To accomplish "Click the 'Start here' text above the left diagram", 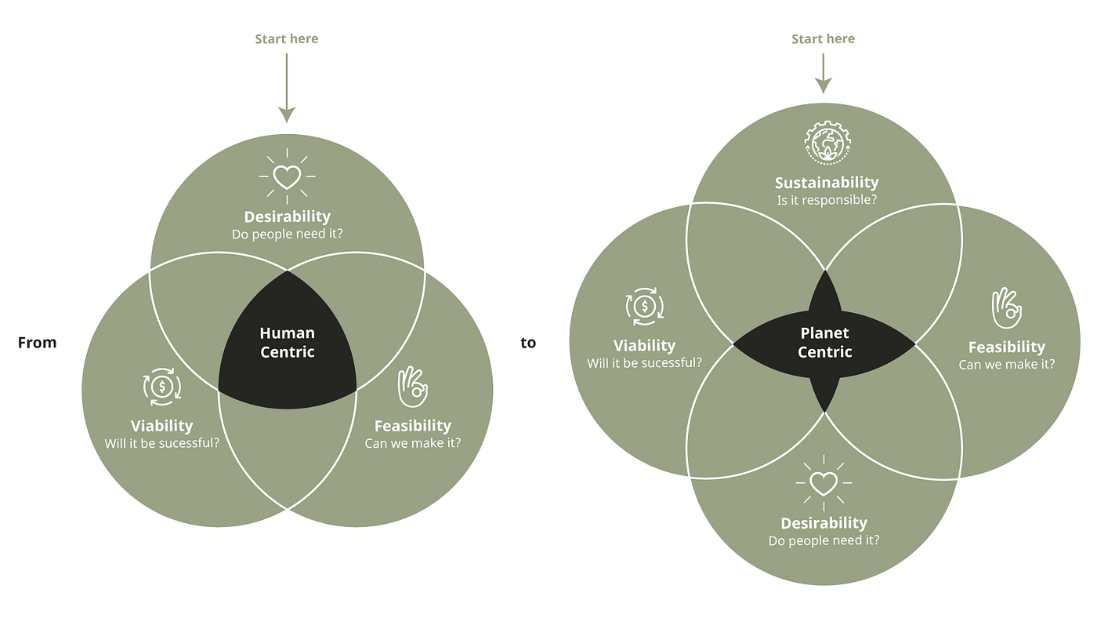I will (287, 38).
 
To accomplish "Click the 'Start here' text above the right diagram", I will (823, 38).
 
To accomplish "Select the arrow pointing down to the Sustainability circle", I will (823, 74).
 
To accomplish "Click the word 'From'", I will (37, 343).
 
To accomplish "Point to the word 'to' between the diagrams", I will (528, 343).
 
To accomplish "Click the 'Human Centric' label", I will (287, 343).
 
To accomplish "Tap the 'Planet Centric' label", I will (824, 343).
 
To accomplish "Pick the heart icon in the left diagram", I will (287, 177).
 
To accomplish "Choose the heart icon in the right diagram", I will (824, 483).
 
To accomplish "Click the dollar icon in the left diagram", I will (162, 386).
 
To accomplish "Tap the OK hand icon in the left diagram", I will (412, 387).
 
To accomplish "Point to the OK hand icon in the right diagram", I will (1006, 308).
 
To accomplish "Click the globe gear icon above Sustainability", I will (826, 142).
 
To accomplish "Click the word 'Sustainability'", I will (827, 183).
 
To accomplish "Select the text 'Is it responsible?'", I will (827, 200).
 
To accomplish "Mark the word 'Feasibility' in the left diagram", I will (413, 426).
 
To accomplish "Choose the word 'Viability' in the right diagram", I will (644, 345).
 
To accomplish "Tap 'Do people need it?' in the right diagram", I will (824, 540).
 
